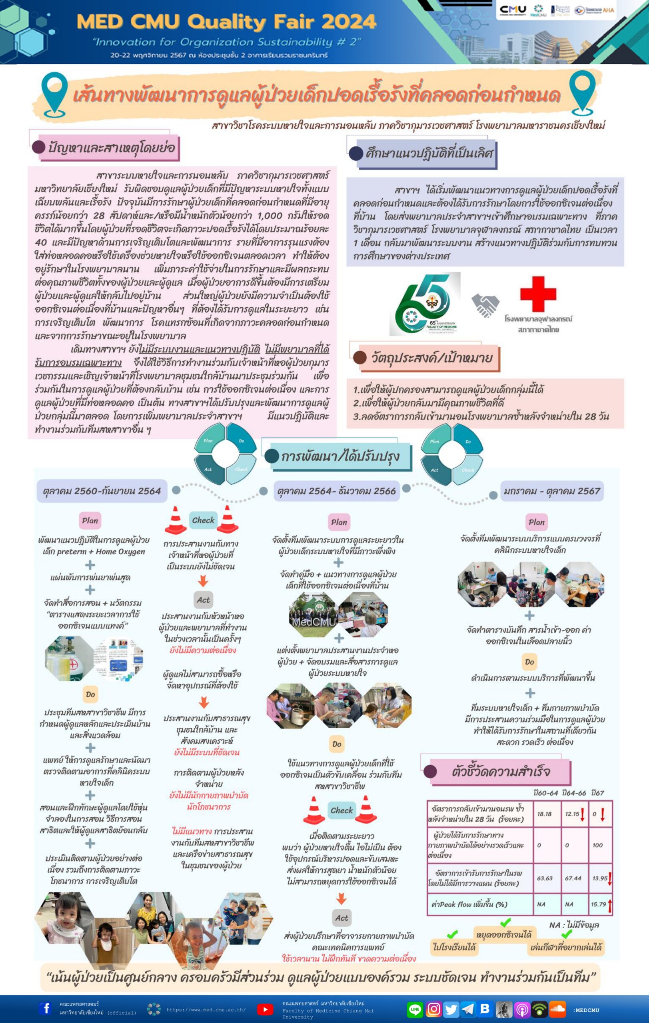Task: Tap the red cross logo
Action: (x=538, y=294)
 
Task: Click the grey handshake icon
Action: (x=485, y=305)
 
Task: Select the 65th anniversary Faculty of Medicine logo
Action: (x=424, y=303)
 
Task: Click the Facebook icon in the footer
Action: (x=45, y=1008)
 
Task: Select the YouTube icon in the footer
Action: (x=265, y=1009)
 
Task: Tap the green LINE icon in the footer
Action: (x=415, y=1009)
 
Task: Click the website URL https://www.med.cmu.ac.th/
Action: (x=206, y=1010)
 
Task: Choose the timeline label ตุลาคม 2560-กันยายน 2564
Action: (x=102, y=491)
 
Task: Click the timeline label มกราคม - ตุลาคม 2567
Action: (x=552, y=491)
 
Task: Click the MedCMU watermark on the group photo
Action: (x=314, y=621)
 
